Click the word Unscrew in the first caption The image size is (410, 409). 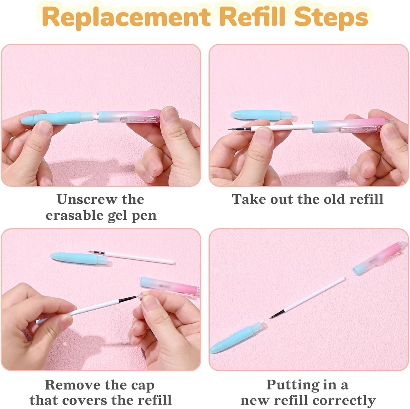86,200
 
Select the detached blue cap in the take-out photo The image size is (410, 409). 264,115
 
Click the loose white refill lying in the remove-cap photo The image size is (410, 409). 132,257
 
